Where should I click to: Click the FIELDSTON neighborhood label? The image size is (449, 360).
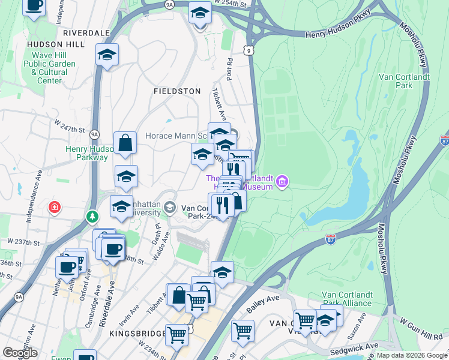(x=176, y=91)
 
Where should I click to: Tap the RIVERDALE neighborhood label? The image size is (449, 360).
(x=86, y=32)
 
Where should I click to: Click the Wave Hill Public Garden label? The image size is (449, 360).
(x=50, y=64)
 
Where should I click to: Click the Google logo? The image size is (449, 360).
(x=19, y=353)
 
